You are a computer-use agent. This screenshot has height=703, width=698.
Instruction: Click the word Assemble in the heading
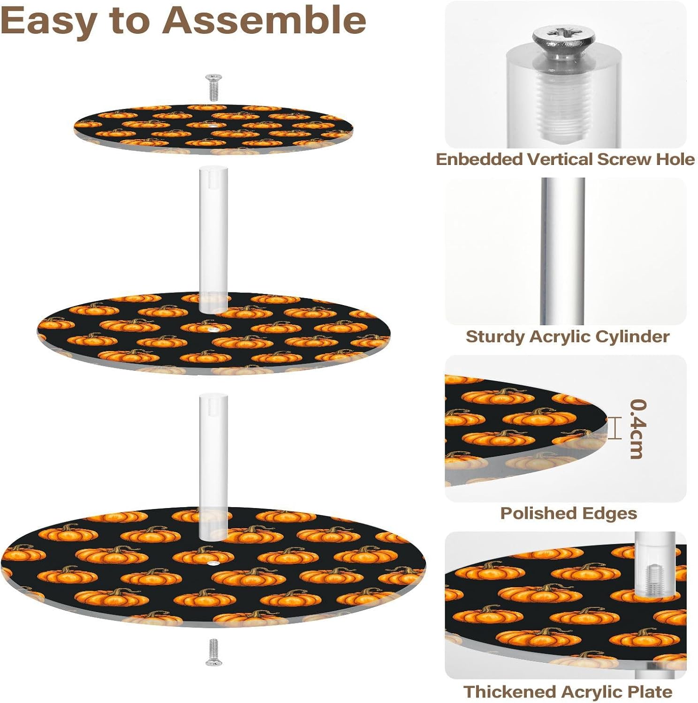265,21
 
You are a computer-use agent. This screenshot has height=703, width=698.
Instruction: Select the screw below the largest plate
213,651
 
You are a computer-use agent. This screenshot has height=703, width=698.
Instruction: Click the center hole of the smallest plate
212,126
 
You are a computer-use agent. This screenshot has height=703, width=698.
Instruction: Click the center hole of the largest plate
214,562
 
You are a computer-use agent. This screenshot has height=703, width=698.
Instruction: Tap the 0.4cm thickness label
637,429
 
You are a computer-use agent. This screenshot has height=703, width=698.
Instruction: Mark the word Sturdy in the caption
495,337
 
